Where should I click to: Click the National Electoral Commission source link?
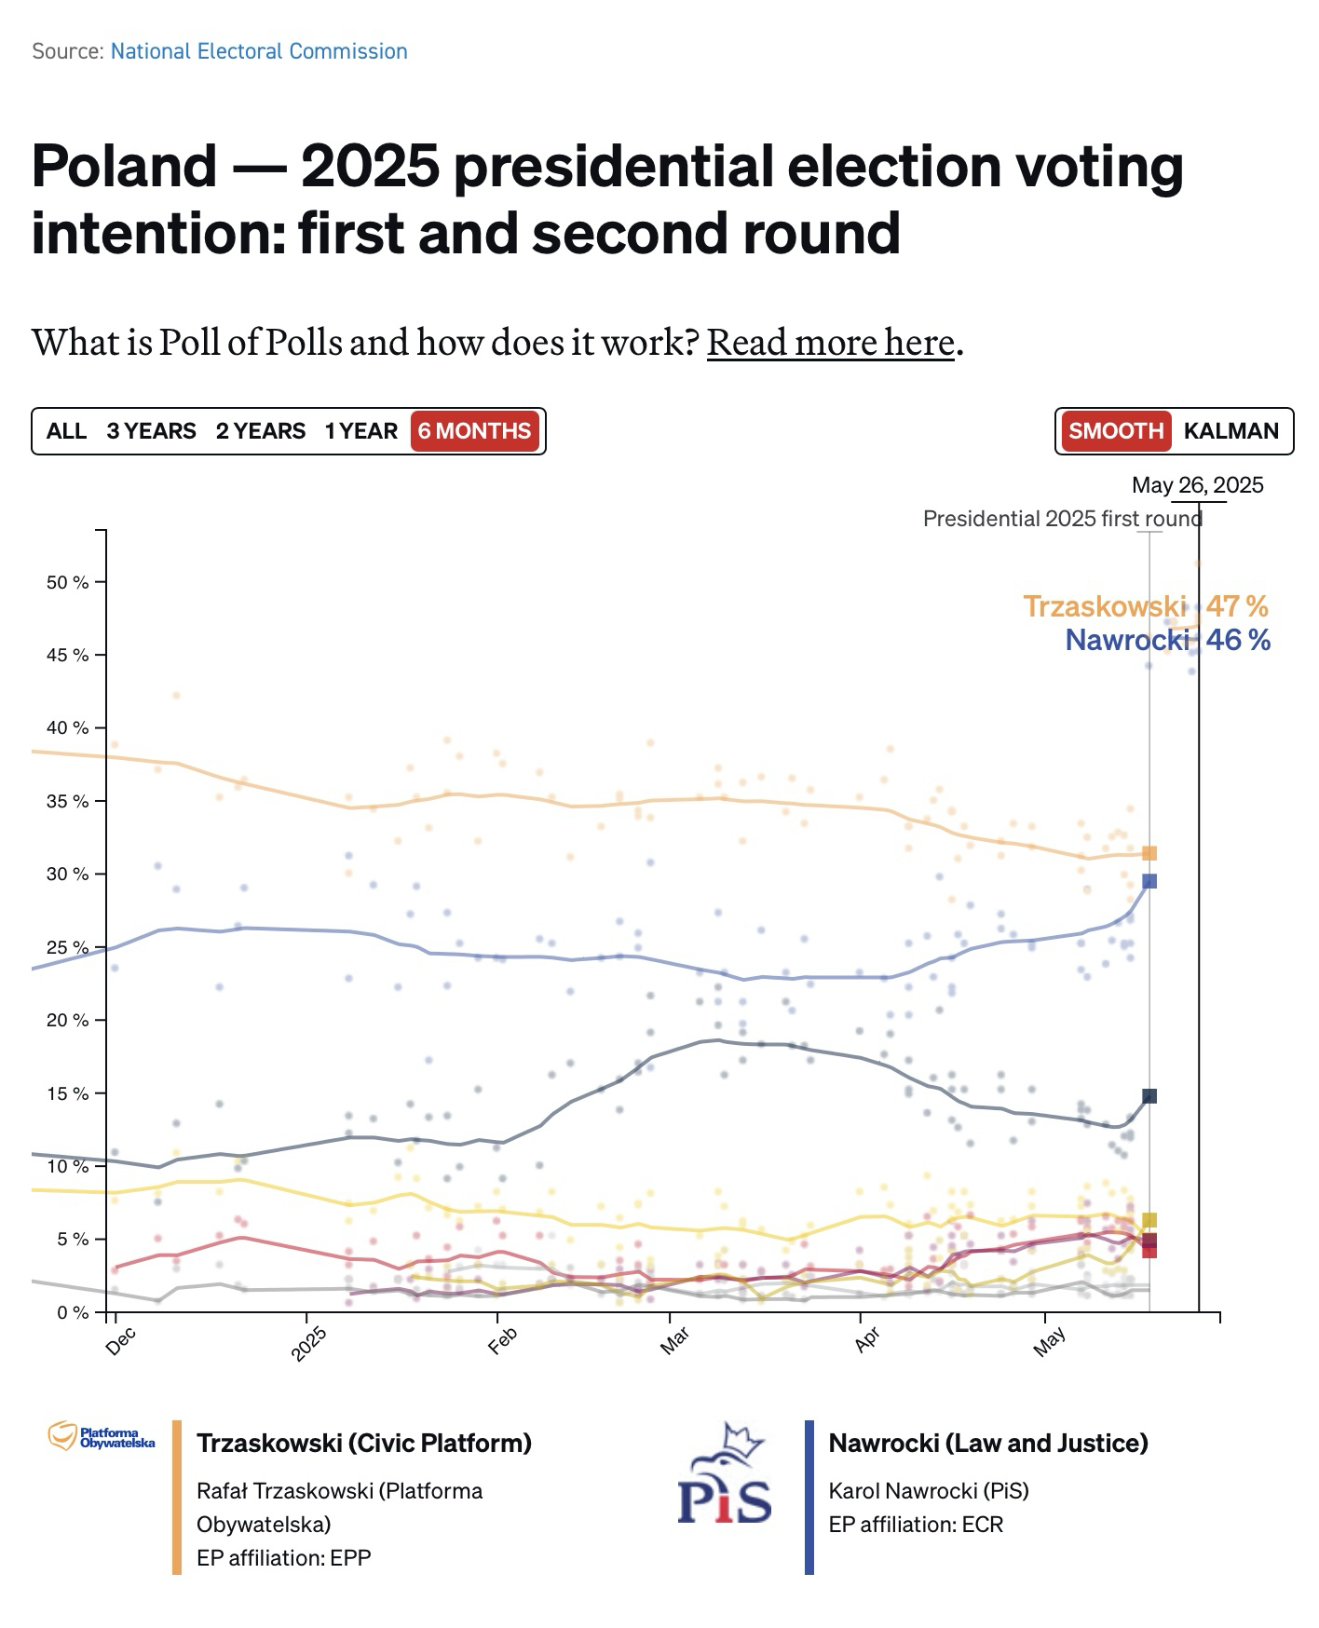(x=259, y=51)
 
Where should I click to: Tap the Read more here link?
(x=830, y=342)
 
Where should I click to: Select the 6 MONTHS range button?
(x=474, y=431)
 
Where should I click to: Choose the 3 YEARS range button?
(x=151, y=431)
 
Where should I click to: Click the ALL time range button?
(x=66, y=431)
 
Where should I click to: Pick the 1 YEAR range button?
(x=361, y=431)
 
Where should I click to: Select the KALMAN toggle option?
(x=1231, y=431)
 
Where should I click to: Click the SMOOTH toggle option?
(x=1116, y=431)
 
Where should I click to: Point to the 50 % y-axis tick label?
(x=67, y=582)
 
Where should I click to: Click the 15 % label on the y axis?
(x=67, y=1093)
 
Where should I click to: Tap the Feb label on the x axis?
(x=502, y=1340)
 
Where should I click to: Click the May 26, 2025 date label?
(x=1197, y=484)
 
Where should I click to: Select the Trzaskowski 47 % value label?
(x=1145, y=606)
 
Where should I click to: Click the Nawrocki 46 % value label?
(x=1167, y=640)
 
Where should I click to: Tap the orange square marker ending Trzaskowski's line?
(x=1149, y=853)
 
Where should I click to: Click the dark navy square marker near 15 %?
(x=1149, y=1096)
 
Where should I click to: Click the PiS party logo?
(x=725, y=1474)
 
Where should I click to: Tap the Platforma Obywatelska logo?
(x=102, y=1436)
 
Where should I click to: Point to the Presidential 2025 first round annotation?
(x=1062, y=519)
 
